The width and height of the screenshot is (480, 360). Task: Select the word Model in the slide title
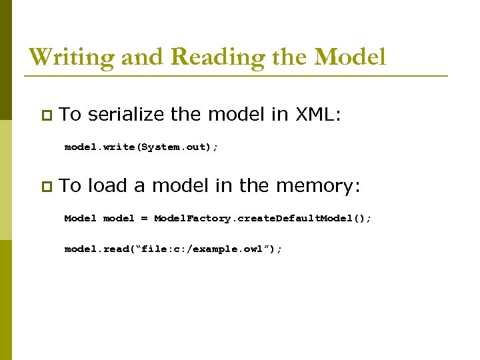pos(349,57)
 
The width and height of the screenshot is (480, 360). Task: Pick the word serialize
pos(126,115)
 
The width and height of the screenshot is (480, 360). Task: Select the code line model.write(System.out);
pos(141,147)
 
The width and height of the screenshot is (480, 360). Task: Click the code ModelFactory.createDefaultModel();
pos(263,218)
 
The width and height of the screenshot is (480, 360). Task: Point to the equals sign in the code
pos(144,219)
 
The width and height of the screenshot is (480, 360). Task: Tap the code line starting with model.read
pos(173,249)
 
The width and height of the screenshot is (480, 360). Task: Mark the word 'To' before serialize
pos(70,115)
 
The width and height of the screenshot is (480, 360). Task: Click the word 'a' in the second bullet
pos(139,187)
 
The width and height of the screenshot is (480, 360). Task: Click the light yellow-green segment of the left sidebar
pos(5,180)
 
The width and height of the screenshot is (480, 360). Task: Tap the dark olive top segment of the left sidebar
pos(5,60)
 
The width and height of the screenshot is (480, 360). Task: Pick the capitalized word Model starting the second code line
pos(80,218)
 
